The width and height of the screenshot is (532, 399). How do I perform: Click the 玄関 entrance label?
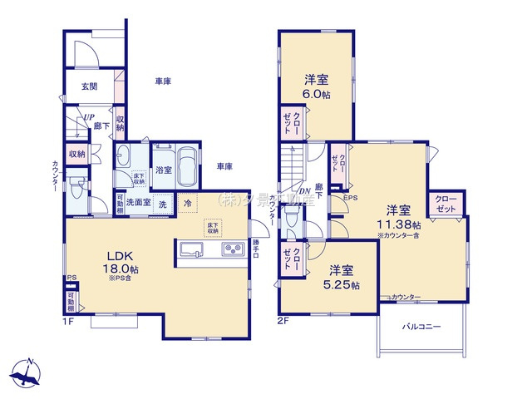(x=89, y=86)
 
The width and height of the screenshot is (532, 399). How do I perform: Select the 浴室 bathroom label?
(x=164, y=170)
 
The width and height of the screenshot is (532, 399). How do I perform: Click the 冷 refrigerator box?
(x=188, y=204)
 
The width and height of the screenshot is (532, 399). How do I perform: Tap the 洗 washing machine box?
(x=163, y=204)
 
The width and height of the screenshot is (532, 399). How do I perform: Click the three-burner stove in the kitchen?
(x=231, y=249)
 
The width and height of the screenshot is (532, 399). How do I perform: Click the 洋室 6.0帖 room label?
(x=316, y=87)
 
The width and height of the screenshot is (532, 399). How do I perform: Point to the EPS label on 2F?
(x=351, y=198)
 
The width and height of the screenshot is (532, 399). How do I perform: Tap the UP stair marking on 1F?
(x=86, y=118)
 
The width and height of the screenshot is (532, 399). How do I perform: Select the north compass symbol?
(x=28, y=370)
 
